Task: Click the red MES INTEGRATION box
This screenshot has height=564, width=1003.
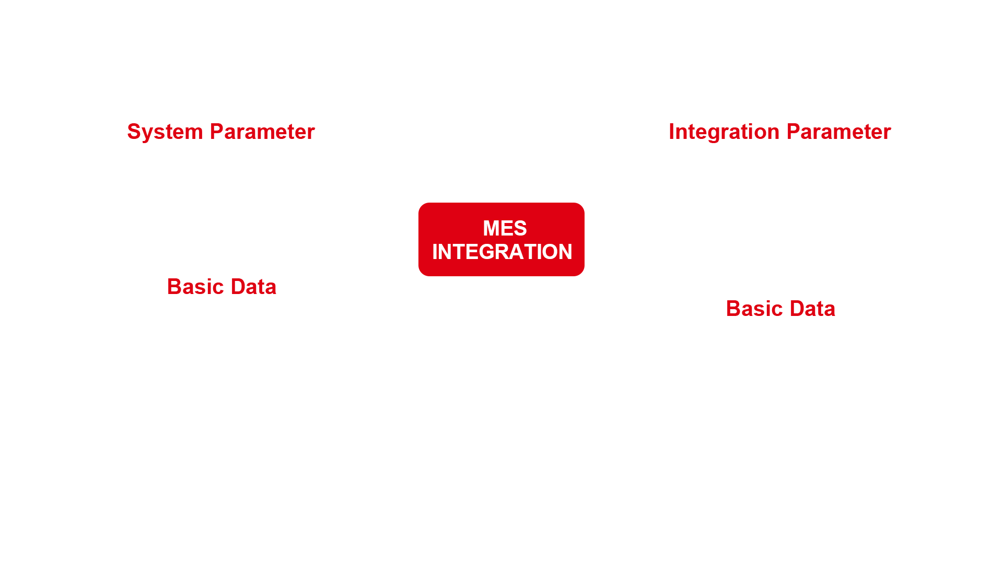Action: pos(501,239)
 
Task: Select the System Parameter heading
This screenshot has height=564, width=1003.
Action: pos(221,132)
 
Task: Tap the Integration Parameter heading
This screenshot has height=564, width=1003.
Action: pos(779,132)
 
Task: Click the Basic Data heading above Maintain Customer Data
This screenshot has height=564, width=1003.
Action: pos(221,287)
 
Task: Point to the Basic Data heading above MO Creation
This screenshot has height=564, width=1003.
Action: pos(780,309)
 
